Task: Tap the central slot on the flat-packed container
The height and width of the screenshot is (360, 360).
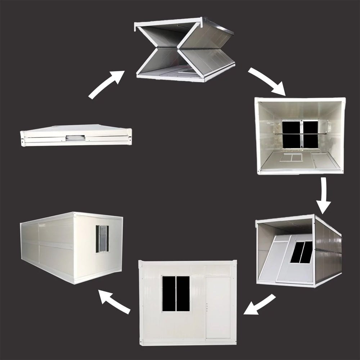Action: click(76, 138)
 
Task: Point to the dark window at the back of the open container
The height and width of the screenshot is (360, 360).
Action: click(301, 134)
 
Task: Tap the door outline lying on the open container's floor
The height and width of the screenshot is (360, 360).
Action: click(325, 161)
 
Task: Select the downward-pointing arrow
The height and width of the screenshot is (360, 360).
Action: click(324, 196)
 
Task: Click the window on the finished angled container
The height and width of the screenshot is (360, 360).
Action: click(102, 239)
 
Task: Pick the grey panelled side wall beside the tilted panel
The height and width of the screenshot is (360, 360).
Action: click(328, 252)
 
